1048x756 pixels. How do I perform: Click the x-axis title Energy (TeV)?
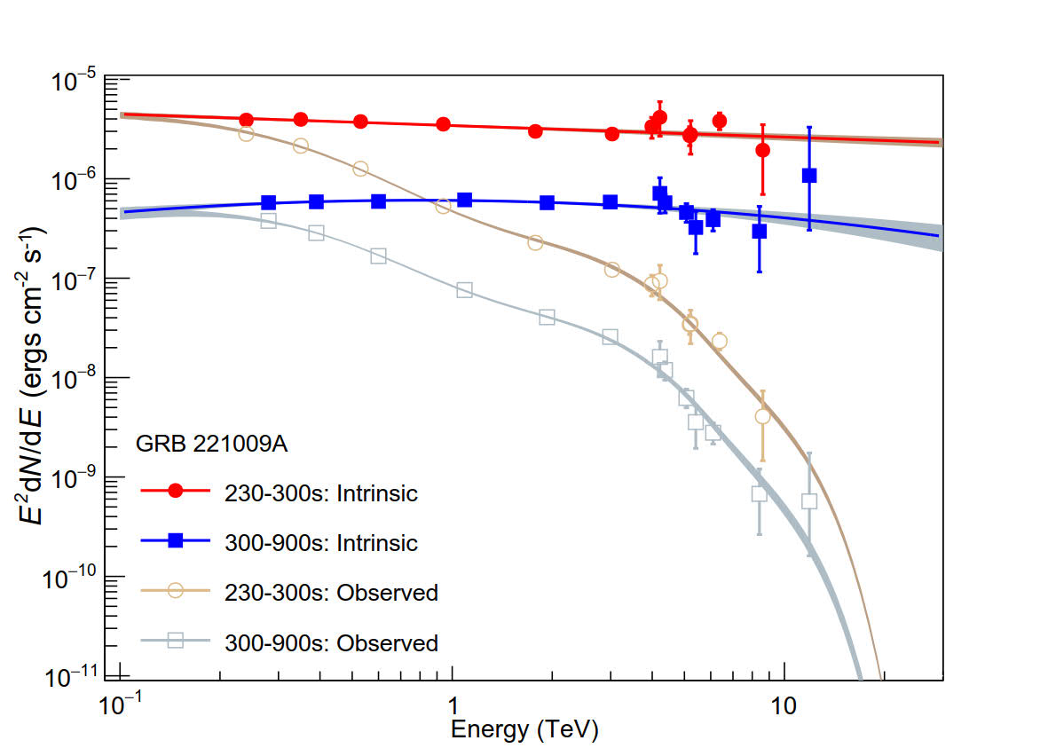(x=524, y=730)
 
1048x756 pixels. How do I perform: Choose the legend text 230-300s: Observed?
(x=331, y=592)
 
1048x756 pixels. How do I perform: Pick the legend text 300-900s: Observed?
(x=331, y=642)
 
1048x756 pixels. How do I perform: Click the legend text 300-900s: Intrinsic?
(x=320, y=541)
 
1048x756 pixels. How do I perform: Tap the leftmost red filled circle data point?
(x=247, y=120)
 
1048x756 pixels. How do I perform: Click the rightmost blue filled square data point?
(x=809, y=176)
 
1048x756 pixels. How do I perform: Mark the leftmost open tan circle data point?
(x=247, y=134)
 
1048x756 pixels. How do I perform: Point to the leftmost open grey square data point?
(x=269, y=221)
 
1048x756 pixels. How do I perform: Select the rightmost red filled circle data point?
(x=762, y=150)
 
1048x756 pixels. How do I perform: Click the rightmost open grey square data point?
(x=809, y=500)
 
